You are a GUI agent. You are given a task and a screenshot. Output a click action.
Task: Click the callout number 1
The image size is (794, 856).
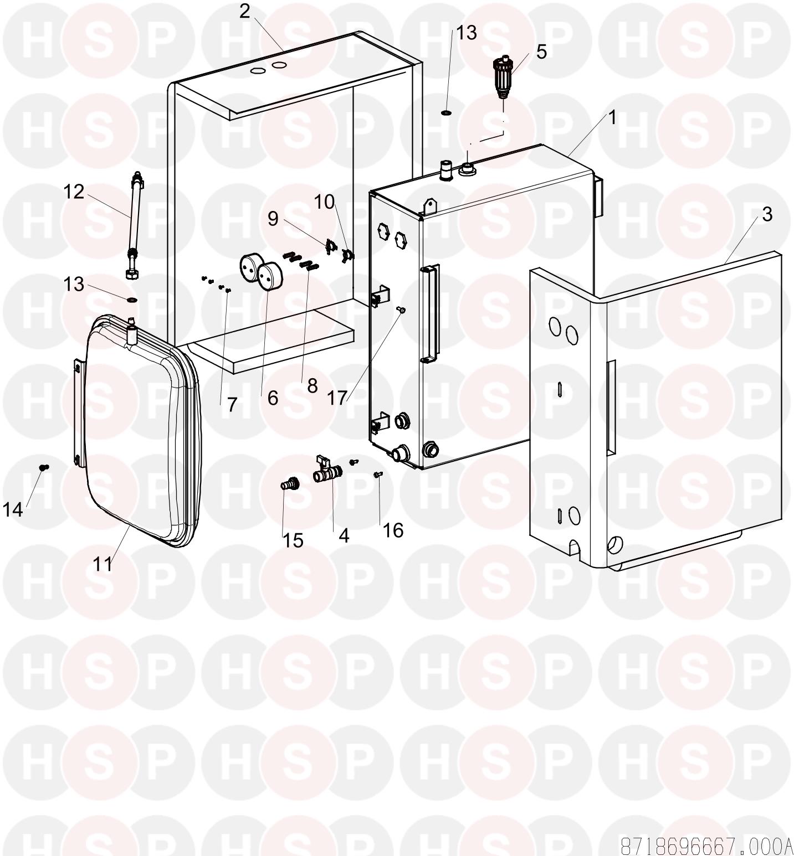612,117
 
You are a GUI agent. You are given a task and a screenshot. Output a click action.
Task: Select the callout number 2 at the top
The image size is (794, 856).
245,12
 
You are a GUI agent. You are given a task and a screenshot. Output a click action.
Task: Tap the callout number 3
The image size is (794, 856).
767,214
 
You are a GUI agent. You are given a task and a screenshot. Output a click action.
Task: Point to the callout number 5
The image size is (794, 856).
541,51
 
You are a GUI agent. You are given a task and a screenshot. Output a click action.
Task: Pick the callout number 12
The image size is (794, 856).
74,192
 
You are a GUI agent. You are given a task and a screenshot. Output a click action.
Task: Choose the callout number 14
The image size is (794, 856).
13,509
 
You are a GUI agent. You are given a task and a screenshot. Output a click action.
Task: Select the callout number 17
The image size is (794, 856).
337,397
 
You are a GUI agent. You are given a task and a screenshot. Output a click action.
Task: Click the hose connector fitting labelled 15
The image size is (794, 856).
289,484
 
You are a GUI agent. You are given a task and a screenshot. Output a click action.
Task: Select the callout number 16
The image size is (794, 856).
393,530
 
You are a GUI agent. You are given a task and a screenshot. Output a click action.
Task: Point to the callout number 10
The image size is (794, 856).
325,203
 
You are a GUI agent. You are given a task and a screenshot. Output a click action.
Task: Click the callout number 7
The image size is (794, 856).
232,405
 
